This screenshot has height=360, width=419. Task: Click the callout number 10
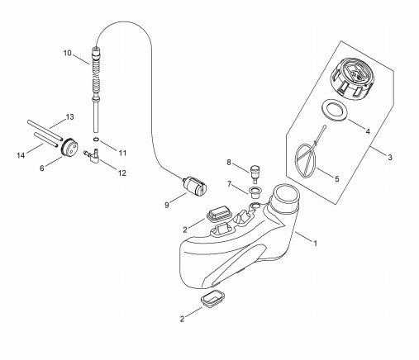[x=68, y=53]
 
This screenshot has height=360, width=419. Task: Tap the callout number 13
[x=70, y=117]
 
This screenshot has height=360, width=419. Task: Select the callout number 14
[x=21, y=155]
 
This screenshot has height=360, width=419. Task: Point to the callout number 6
[x=42, y=168]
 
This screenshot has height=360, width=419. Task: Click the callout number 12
[x=122, y=173]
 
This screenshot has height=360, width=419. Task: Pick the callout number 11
[x=122, y=153]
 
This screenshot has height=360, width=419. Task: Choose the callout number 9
[x=167, y=205]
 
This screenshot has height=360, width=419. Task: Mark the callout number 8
[x=229, y=163]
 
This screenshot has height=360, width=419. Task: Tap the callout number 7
[x=229, y=184]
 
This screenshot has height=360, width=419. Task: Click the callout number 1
[x=316, y=244]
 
